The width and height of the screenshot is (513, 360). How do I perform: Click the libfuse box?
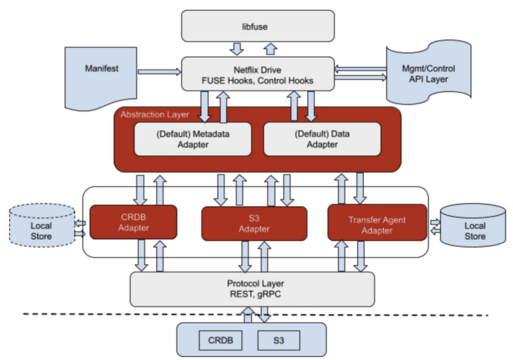[258, 26]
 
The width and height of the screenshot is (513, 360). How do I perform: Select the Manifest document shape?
[101, 77]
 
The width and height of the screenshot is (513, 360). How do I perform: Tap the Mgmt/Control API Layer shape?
[429, 72]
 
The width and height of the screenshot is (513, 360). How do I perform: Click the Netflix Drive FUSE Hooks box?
[258, 74]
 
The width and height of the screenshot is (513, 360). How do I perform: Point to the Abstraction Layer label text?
[155, 114]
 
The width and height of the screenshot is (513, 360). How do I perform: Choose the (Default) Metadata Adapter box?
[193, 139]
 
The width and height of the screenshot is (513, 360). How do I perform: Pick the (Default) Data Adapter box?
[322, 139]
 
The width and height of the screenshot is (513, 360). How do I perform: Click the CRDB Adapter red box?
[133, 222]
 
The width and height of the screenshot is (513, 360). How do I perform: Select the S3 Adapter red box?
[254, 224]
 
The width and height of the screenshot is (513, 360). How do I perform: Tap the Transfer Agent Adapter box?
[377, 223]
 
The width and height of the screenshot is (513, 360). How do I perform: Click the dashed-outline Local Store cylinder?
[42, 225]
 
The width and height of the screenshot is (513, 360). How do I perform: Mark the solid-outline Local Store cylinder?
[473, 225]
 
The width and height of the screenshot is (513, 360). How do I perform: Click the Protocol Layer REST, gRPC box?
[252, 289]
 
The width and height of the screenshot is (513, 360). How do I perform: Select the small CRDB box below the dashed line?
[220, 341]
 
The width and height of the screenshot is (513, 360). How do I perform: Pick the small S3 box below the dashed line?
[279, 341]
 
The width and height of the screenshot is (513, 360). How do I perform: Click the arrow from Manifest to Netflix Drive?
[159, 72]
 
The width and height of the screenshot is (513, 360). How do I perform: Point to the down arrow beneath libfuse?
[237, 49]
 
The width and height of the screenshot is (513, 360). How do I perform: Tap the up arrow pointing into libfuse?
[271, 49]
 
